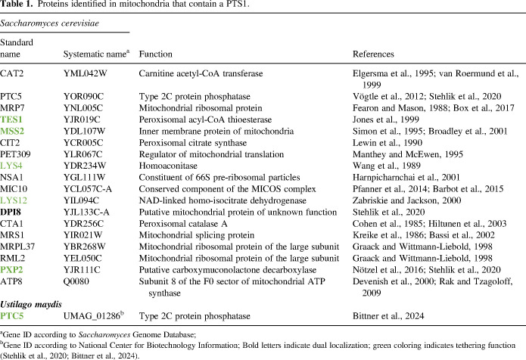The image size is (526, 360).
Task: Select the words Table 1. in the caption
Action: (20, 5)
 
